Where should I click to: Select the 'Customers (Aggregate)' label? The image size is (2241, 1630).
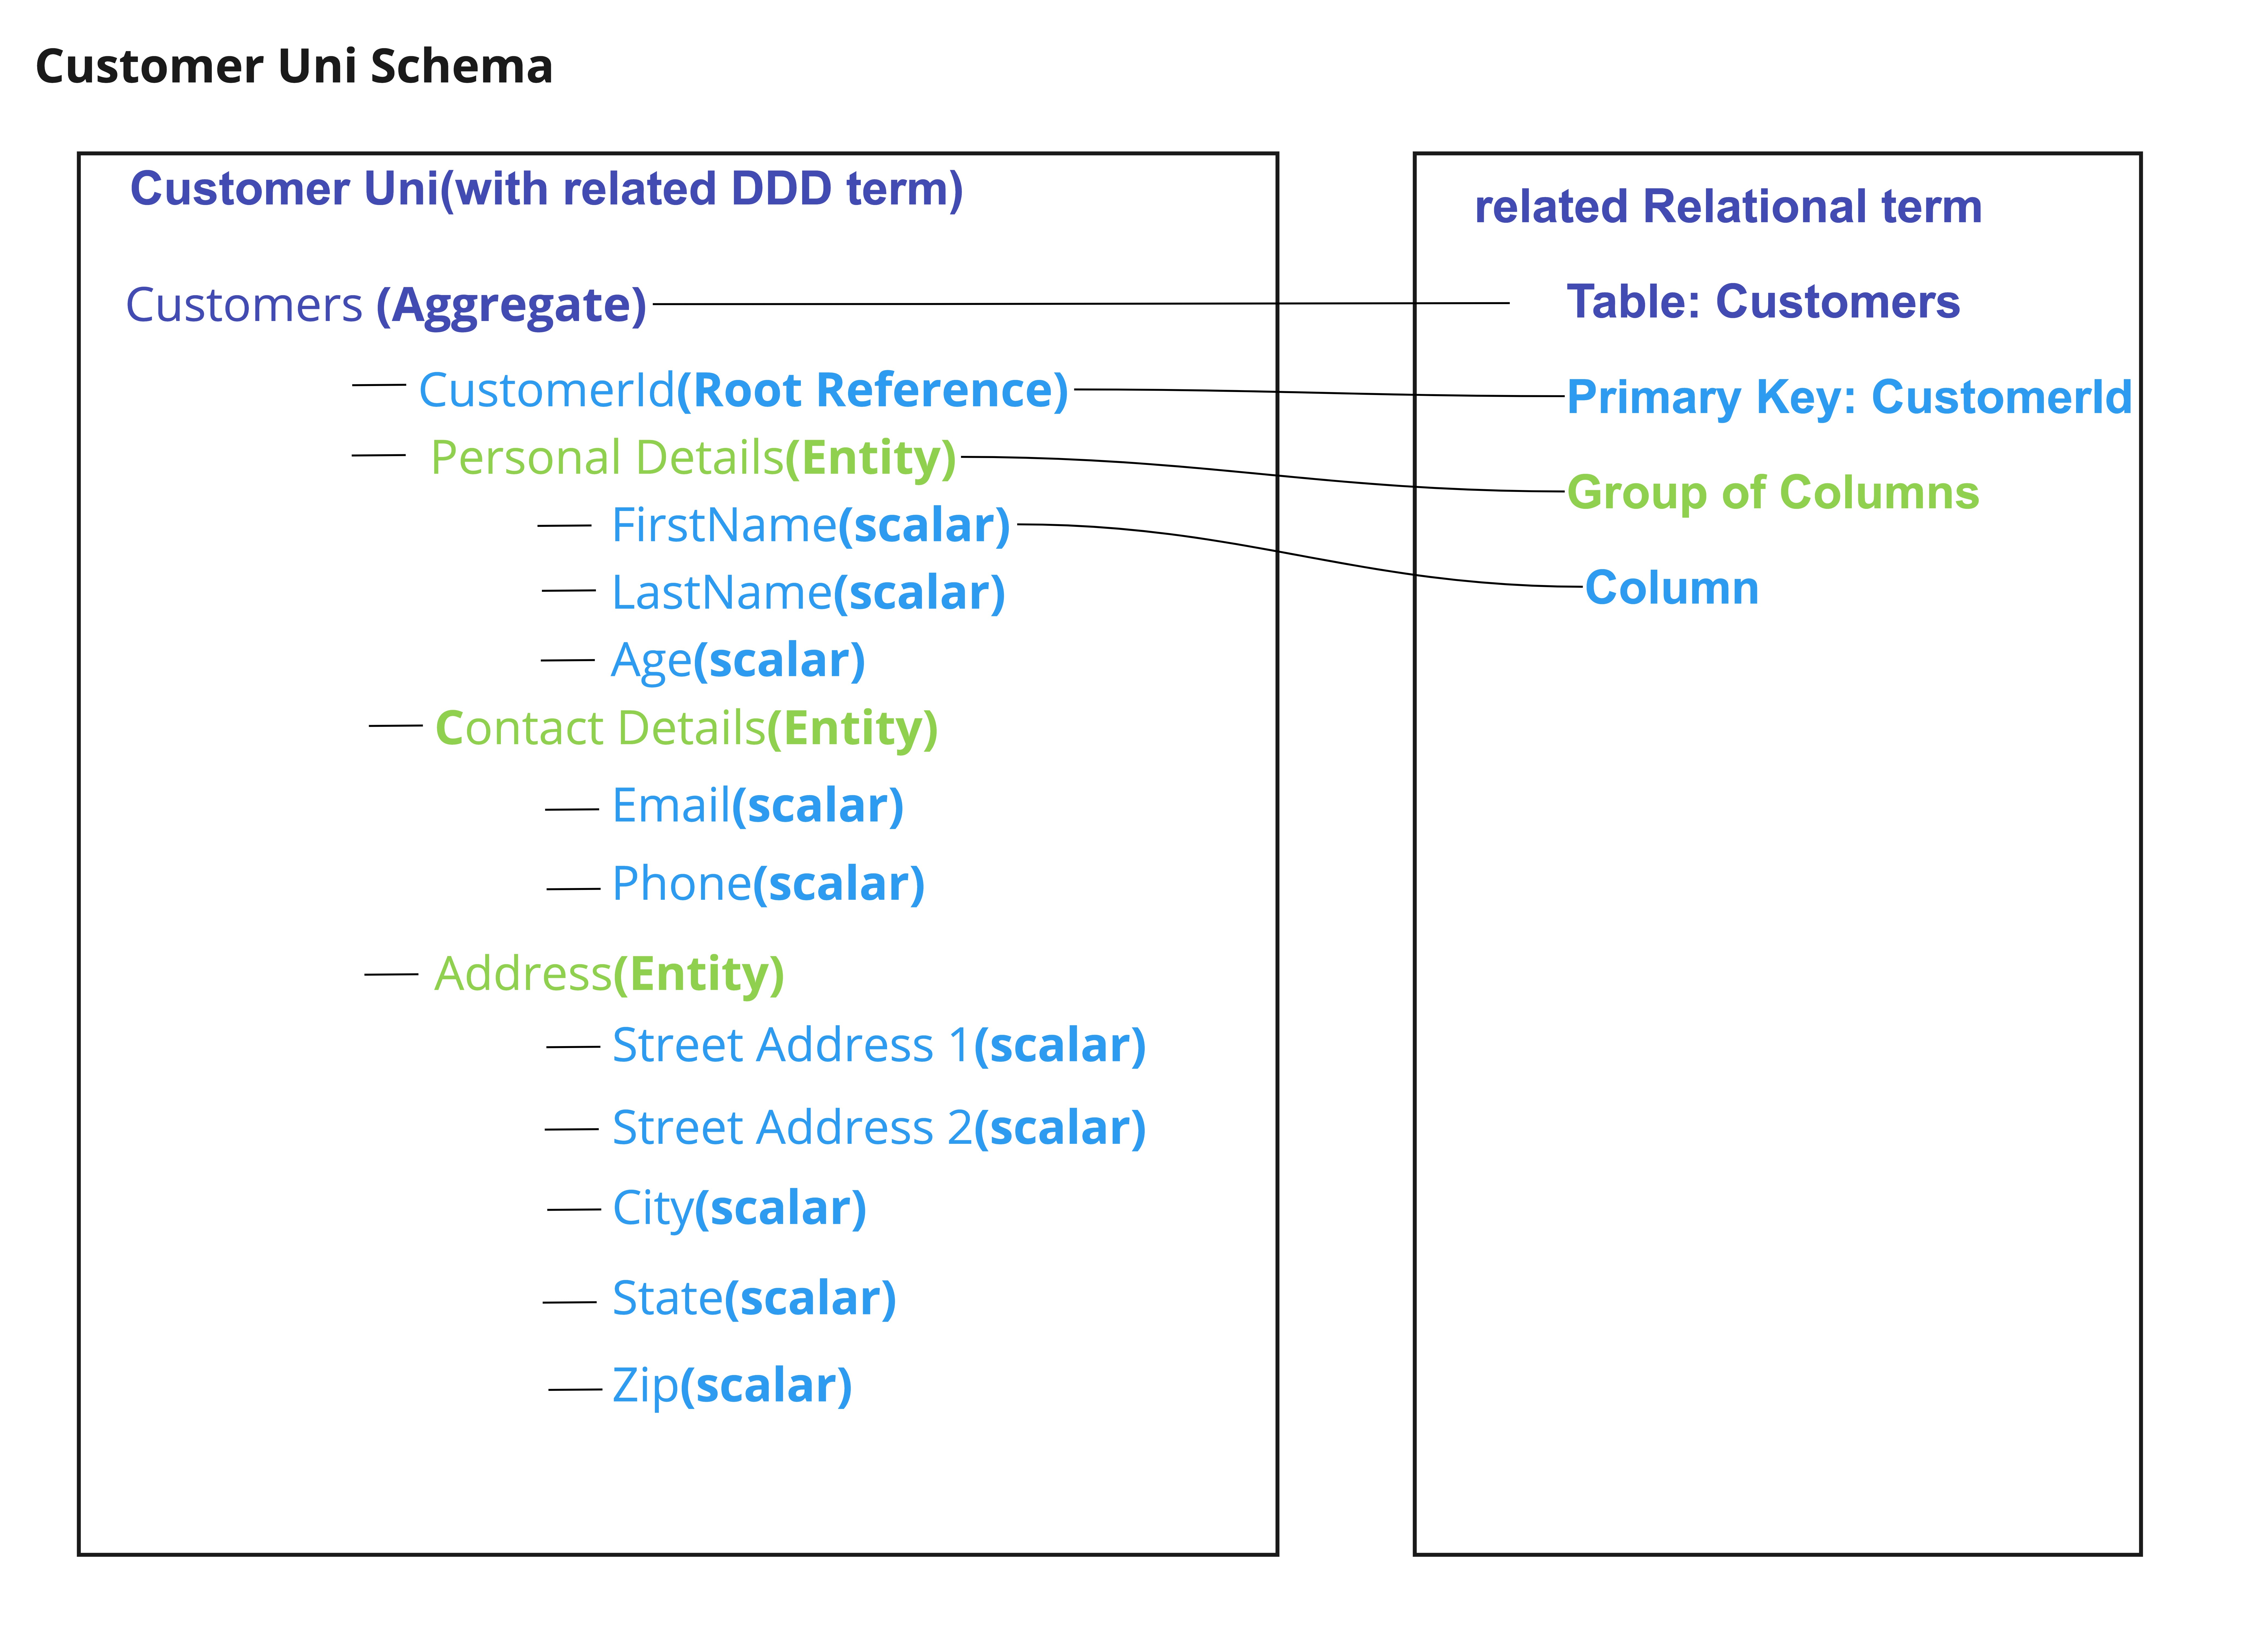pos(386,305)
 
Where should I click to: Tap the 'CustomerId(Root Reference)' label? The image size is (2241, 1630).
pos(743,390)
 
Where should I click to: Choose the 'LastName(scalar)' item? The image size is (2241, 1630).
pos(808,593)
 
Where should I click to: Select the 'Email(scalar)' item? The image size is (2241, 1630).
pos(758,806)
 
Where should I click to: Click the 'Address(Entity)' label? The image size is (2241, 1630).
pos(610,975)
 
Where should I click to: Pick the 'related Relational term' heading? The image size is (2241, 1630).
pos(1728,206)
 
